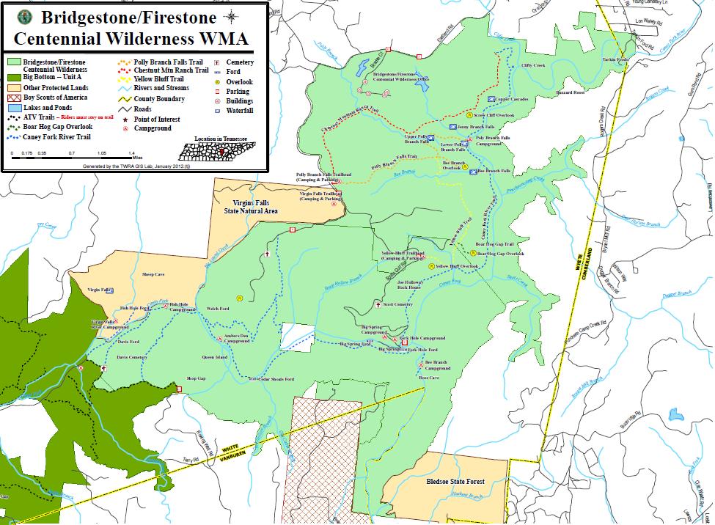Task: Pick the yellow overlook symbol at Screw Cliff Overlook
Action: (469, 115)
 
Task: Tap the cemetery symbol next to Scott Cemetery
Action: (378, 304)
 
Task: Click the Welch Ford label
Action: (219, 309)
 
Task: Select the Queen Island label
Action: (214, 357)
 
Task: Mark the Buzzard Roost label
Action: (569, 93)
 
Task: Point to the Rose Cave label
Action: (428, 378)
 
